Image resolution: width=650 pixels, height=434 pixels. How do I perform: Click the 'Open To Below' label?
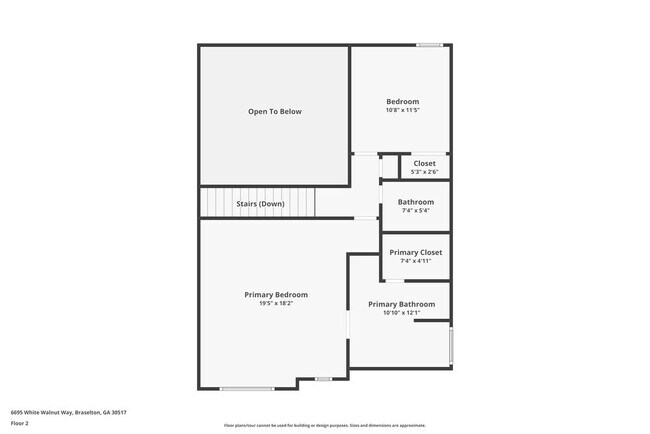click(274, 111)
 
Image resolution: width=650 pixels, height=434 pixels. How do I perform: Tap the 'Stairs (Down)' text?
click(260, 204)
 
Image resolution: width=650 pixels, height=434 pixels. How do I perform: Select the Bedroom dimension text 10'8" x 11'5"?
click(403, 110)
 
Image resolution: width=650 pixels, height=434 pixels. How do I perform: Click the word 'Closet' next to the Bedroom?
click(424, 163)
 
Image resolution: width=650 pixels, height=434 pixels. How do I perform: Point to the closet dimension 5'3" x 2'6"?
click(424, 172)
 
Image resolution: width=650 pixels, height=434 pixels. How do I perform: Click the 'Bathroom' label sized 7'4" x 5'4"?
click(416, 202)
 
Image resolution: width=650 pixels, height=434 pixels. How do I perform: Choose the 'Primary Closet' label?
click(415, 252)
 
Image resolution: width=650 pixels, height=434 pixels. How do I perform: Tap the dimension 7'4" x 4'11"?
click(415, 261)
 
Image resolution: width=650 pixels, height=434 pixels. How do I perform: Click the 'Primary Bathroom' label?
click(401, 304)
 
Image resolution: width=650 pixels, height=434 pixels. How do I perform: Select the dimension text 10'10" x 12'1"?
click(401, 313)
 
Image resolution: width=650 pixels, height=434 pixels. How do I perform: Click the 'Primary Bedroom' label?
click(276, 295)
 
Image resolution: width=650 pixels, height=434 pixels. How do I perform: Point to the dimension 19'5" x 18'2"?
click(276, 304)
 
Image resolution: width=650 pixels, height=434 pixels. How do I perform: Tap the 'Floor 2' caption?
click(20, 423)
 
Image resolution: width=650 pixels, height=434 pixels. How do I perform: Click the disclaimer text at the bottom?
click(324, 425)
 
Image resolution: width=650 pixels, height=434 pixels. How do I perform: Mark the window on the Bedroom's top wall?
click(430, 44)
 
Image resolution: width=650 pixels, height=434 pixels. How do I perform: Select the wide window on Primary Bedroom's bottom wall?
click(247, 389)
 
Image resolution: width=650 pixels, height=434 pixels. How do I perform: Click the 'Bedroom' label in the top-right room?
click(403, 101)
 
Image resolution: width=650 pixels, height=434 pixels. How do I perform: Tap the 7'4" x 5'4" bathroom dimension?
click(416, 211)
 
